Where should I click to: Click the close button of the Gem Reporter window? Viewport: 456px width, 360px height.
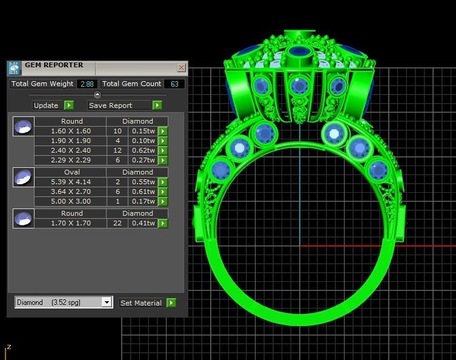[x=181, y=68]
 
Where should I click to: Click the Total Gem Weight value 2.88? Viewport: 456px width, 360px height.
[x=87, y=84]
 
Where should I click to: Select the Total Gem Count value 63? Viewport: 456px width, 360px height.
[x=174, y=84]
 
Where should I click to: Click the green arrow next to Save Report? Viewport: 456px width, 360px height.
[x=157, y=105]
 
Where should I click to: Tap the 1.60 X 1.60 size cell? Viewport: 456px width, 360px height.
[x=71, y=131]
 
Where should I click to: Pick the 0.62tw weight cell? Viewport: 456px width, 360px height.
[x=143, y=150]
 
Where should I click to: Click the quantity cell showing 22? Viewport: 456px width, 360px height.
[x=117, y=223]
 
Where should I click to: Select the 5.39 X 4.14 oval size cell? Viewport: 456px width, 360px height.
[x=71, y=182]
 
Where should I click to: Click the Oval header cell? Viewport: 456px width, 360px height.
[x=71, y=172]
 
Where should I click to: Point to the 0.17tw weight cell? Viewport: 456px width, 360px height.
[x=143, y=201]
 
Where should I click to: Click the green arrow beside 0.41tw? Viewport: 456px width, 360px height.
[x=162, y=223]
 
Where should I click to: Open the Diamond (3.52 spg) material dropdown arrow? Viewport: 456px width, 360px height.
[x=107, y=302]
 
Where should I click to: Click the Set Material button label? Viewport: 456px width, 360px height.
[x=140, y=302]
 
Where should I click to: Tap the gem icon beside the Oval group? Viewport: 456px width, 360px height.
[x=23, y=178]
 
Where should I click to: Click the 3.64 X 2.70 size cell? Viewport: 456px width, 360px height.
[x=71, y=192]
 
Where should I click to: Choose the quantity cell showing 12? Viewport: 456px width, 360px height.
[x=117, y=150]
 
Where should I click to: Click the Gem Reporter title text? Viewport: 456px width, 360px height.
[x=54, y=65]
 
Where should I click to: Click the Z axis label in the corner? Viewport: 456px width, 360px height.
[x=8, y=347]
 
